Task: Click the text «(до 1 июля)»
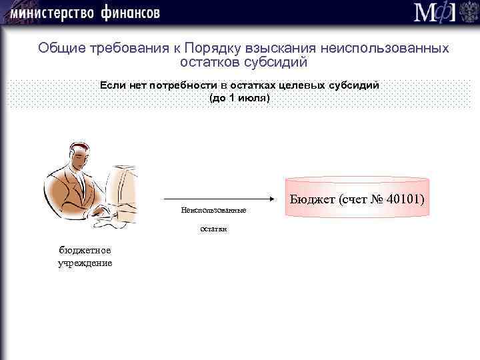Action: [240, 98]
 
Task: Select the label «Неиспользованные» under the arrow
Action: [213, 211]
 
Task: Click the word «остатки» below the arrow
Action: [213, 229]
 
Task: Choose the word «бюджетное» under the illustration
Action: [85, 250]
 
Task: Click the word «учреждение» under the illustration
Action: [85, 263]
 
